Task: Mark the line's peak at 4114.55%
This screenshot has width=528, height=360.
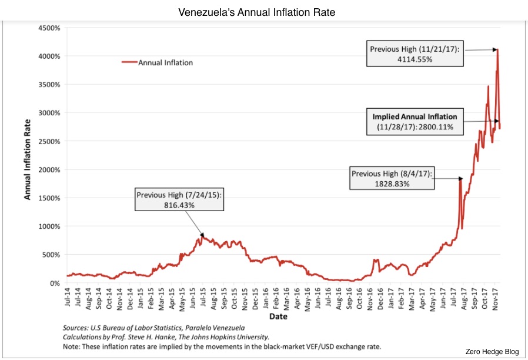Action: (497, 49)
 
